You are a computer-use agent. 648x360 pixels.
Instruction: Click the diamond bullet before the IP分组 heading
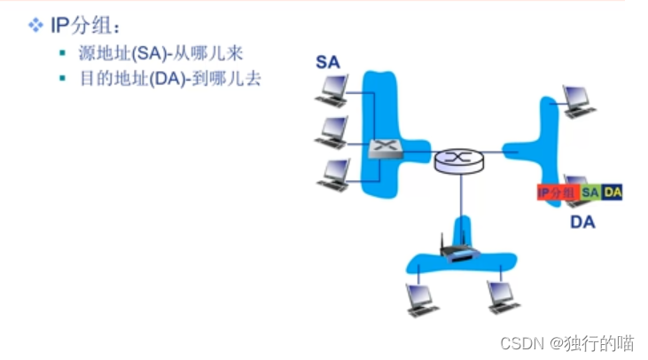pos(35,26)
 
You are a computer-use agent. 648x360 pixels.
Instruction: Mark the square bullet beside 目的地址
pos(63,79)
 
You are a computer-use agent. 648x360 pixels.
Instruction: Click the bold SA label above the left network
pos(328,62)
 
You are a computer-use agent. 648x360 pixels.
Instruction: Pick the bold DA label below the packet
pos(582,221)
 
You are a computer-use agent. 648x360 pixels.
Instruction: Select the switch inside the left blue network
pos(386,150)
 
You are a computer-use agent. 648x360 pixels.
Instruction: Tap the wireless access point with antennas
pos(459,249)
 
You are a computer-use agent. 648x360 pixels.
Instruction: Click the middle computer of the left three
pos(333,131)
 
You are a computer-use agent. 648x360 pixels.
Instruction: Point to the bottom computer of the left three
pos(335,173)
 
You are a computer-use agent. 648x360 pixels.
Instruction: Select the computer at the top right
pos(577,99)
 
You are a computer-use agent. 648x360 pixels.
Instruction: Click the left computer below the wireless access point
pos(420,298)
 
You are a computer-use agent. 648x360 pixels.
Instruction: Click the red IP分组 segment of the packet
pos(557,192)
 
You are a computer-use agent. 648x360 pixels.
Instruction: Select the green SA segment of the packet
pos(590,192)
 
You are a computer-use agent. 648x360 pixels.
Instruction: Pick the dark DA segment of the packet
pos(613,192)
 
